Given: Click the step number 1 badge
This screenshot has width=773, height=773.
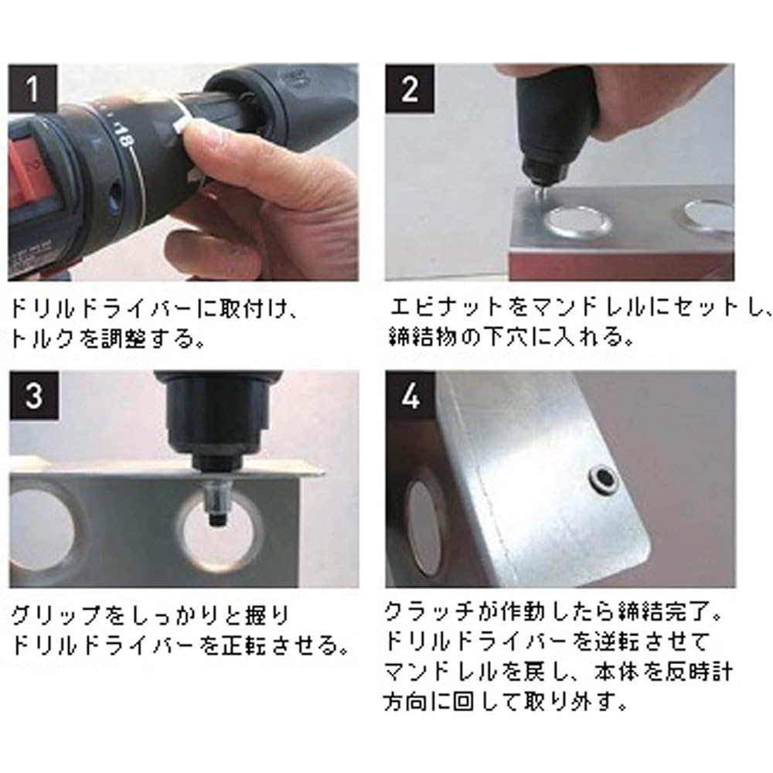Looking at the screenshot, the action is (32, 88).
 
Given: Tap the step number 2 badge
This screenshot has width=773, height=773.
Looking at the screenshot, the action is (410, 88).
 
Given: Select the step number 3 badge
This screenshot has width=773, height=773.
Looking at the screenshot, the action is (33, 395).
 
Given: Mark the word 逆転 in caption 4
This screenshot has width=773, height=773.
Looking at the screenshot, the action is (616, 641).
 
